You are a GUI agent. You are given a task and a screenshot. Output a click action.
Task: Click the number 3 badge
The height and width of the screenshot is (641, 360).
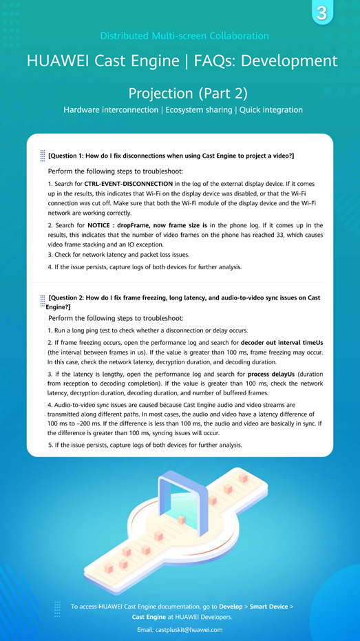click(321, 12)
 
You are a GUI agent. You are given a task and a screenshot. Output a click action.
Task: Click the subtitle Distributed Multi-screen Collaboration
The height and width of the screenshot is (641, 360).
click(184, 36)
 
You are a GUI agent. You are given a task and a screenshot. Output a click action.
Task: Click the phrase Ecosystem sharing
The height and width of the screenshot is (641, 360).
click(198, 110)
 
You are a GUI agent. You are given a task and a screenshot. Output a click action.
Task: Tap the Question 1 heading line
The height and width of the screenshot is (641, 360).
click(171, 156)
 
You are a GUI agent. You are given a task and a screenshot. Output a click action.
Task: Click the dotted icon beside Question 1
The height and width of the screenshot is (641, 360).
click(43, 156)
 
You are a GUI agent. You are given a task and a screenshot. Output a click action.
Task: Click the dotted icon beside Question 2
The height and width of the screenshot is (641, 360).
click(43, 300)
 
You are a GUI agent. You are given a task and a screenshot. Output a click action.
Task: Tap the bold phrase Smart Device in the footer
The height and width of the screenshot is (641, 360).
click(268, 607)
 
